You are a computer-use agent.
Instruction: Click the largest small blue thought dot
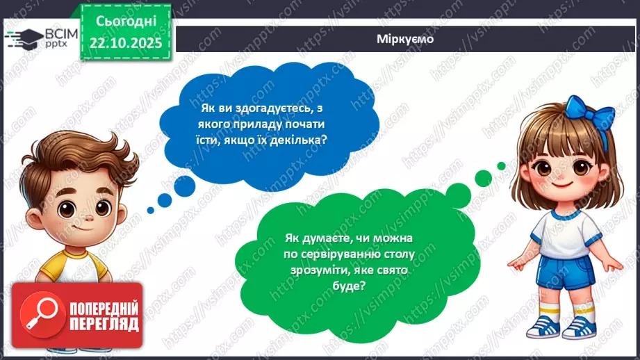(x=185, y=186)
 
